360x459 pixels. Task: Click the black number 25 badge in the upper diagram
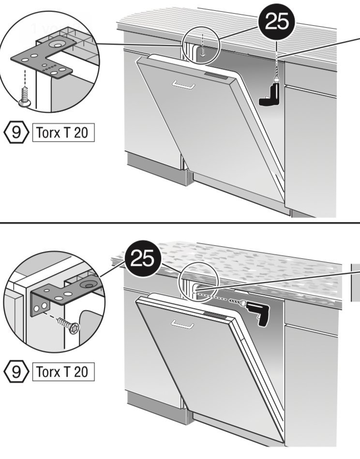click(x=276, y=22)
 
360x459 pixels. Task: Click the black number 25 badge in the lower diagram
click(x=143, y=258)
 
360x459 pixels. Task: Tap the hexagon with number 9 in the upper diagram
click(x=16, y=133)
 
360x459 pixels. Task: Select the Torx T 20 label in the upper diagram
click(x=63, y=133)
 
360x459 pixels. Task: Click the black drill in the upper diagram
click(x=270, y=94)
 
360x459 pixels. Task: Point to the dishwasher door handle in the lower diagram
click(x=182, y=324)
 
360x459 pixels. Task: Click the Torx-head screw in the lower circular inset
click(x=69, y=325)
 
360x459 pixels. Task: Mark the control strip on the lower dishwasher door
click(x=215, y=315)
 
